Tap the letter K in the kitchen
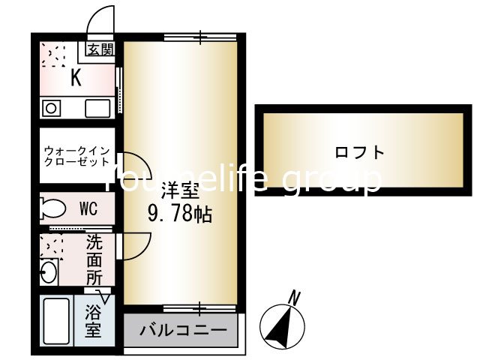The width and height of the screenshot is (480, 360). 76,77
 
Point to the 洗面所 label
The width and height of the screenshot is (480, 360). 94,259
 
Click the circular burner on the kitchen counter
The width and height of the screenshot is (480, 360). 52,108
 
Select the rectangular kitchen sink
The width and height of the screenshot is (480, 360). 97,108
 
